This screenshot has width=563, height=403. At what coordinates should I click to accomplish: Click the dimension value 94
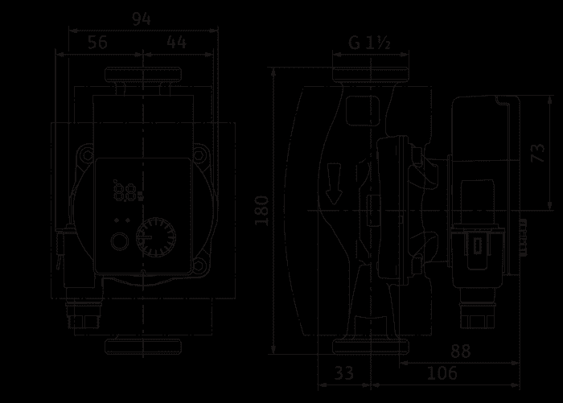[141, 19]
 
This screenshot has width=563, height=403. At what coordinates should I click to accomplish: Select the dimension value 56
[97, 43]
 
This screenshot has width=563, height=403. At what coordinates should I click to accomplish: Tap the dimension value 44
[176, 43]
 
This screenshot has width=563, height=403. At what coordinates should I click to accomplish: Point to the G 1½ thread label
[369, 43]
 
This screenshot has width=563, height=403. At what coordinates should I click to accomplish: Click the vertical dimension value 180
[261, 211]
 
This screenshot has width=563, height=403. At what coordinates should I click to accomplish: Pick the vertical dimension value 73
[537, 153]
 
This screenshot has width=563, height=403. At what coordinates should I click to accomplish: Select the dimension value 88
[460, 351]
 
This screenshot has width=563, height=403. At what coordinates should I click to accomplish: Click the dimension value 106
[442, 373]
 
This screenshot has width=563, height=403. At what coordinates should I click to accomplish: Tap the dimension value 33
[344, 373]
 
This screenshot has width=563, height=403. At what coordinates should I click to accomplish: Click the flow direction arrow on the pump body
[334, 183]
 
